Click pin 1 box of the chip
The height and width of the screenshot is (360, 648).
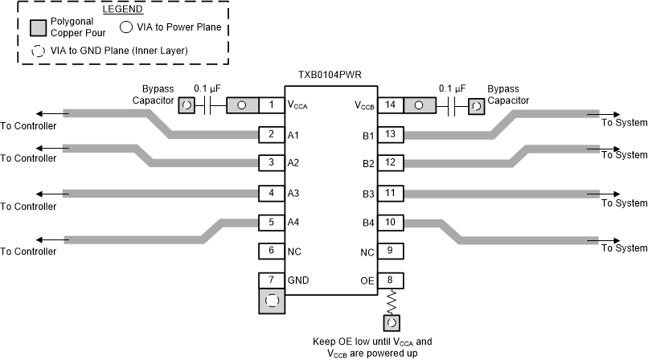coord(272,104)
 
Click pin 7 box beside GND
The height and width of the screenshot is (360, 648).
coord(272,280)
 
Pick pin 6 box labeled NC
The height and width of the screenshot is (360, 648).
coord(272,252)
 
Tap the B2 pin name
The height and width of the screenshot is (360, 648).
coord(368,164)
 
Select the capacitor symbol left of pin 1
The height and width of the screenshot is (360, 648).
coord(207,104)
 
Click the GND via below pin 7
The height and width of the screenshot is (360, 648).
coord(272,301)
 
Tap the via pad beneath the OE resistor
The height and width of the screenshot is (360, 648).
coord(392,323)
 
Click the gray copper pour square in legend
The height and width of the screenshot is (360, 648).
coord(37,27)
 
